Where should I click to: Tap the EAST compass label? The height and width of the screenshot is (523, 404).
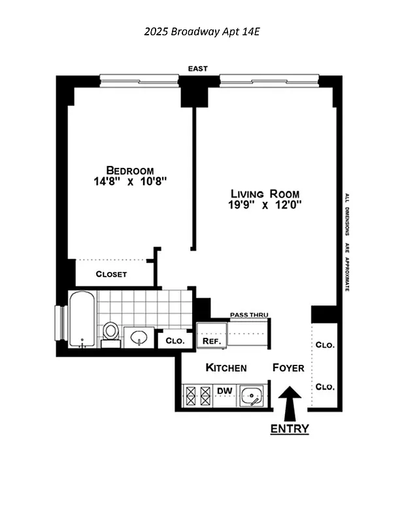tap(197, 69)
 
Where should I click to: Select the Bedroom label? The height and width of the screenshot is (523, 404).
tap(131, 171)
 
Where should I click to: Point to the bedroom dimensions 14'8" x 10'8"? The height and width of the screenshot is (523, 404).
tap(131, 182)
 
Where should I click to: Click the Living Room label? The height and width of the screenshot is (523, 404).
tap(265, 194)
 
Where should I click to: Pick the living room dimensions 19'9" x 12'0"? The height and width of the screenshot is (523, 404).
tap(265, 205)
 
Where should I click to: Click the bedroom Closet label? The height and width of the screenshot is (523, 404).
tap(111, 274)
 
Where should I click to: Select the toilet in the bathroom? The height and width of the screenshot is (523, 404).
tap(110, 332)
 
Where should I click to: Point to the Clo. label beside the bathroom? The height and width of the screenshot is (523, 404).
tap(175, 341)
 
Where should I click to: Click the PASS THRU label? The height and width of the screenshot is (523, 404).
tap(249, 315)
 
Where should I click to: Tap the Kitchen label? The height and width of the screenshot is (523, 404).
tap(226, 368)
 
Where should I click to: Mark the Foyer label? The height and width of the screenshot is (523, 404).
tap(288, 368)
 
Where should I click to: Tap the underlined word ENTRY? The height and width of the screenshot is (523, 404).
tap(290, 429)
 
